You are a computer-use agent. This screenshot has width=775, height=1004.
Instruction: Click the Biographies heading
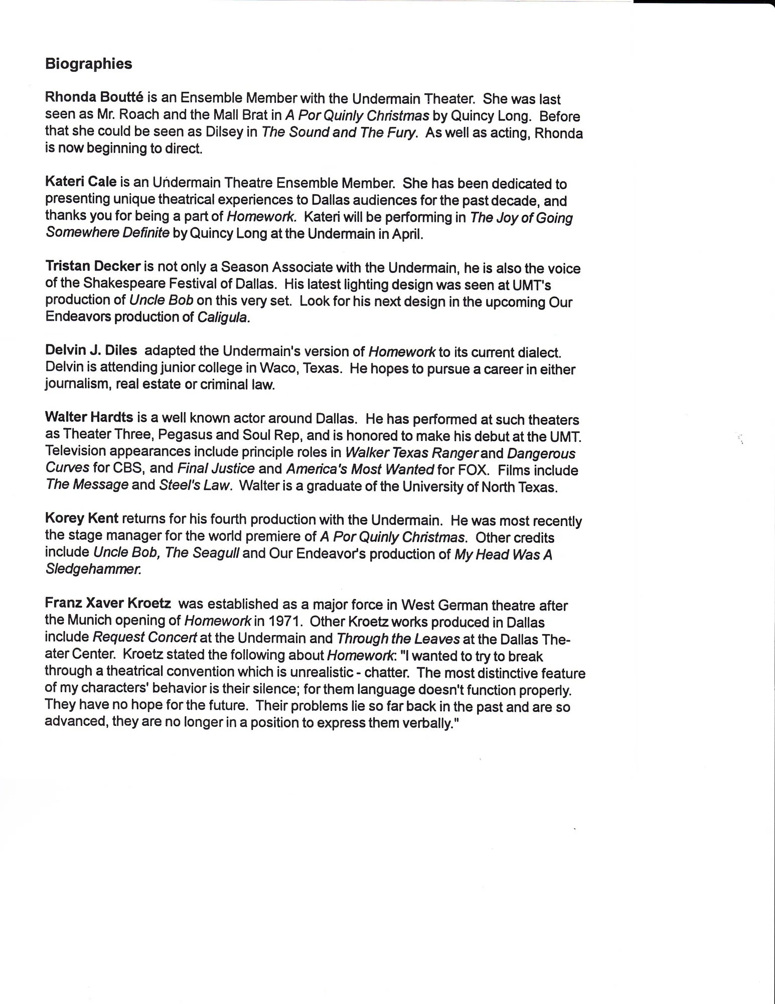coord(89,64)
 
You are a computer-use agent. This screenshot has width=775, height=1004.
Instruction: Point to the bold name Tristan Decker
coord(92,267)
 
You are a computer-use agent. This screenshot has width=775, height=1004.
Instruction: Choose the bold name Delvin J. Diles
coord(91,351)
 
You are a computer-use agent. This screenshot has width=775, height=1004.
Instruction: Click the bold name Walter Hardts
coord(89,418)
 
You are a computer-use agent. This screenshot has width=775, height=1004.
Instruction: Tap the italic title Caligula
coord(224,318)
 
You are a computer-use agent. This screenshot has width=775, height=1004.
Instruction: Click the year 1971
coord(285,621)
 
